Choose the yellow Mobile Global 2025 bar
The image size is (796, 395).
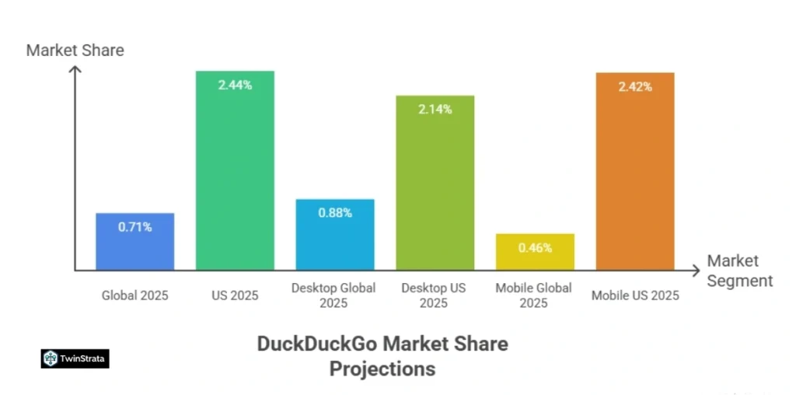pos(535,252)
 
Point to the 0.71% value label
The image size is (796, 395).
pos(134,227)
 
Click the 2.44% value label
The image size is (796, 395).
pos(235,85)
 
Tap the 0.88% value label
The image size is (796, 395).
pos(334,212)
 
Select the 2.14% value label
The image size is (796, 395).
pos(435,109)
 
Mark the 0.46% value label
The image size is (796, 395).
pos(535,248)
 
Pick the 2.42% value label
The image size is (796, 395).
pos(635,86)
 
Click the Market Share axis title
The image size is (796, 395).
pos(75,51)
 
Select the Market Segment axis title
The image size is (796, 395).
pos(739,271)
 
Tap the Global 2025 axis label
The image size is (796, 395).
pos(134,295)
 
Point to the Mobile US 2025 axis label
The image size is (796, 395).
pos(635,295)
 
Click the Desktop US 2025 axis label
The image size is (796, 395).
pos(434,295)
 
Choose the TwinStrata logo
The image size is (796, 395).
pos(75,358)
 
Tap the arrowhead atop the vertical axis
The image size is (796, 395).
pos(75,70)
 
